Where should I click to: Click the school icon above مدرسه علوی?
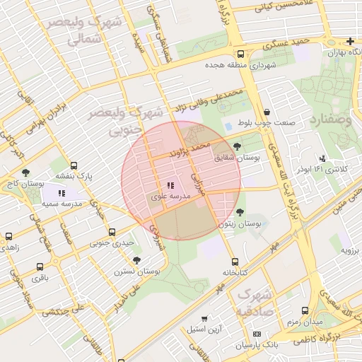tap(170, 185)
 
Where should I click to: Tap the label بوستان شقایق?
tap(238, 159)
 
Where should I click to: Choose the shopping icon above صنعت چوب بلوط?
tap(267, 112)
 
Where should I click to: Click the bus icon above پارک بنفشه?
tap(74, 165)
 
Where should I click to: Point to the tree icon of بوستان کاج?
tap(25, 172)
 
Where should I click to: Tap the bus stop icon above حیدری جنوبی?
tap(112, 232)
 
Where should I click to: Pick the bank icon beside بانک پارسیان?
tap(257, 334)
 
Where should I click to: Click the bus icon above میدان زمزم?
tap(305, 310)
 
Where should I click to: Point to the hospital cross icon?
tap(351, 41)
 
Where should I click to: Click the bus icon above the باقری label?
tap(38, 267)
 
